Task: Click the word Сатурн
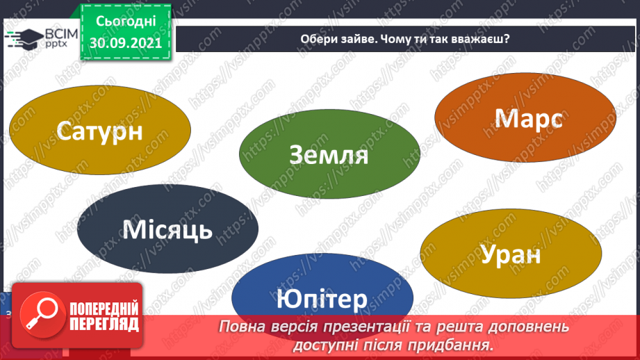pos(101,131)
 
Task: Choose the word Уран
pos(510,254)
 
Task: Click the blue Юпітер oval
pos(321,300)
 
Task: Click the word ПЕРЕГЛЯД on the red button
pos(104,324)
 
